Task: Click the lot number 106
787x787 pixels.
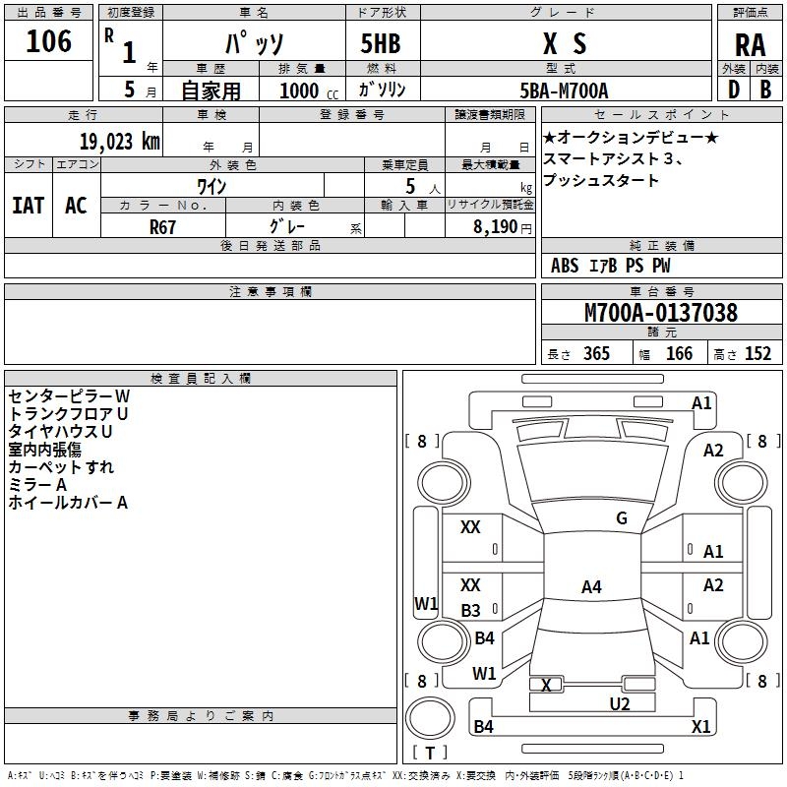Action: tap(49, 41)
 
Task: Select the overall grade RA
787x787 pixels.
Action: tap(750, 44)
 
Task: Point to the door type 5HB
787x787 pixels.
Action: tap(380, 43)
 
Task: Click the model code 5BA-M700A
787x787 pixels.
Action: tap(564, 91)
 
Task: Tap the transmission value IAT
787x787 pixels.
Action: tap(28, 206)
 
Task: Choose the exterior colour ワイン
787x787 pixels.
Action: tap(212, 186)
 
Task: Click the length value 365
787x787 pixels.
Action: tap(596, 354)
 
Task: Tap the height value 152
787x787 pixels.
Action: tap(757, 354)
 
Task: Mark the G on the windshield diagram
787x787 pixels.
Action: tap(622, 518)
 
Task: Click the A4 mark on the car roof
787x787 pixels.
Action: tap(590, 587)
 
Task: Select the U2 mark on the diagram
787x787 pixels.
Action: tap(619, 703)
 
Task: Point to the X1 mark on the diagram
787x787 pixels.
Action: tap(700, 727)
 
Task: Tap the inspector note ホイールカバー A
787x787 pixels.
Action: tap(68, 503)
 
